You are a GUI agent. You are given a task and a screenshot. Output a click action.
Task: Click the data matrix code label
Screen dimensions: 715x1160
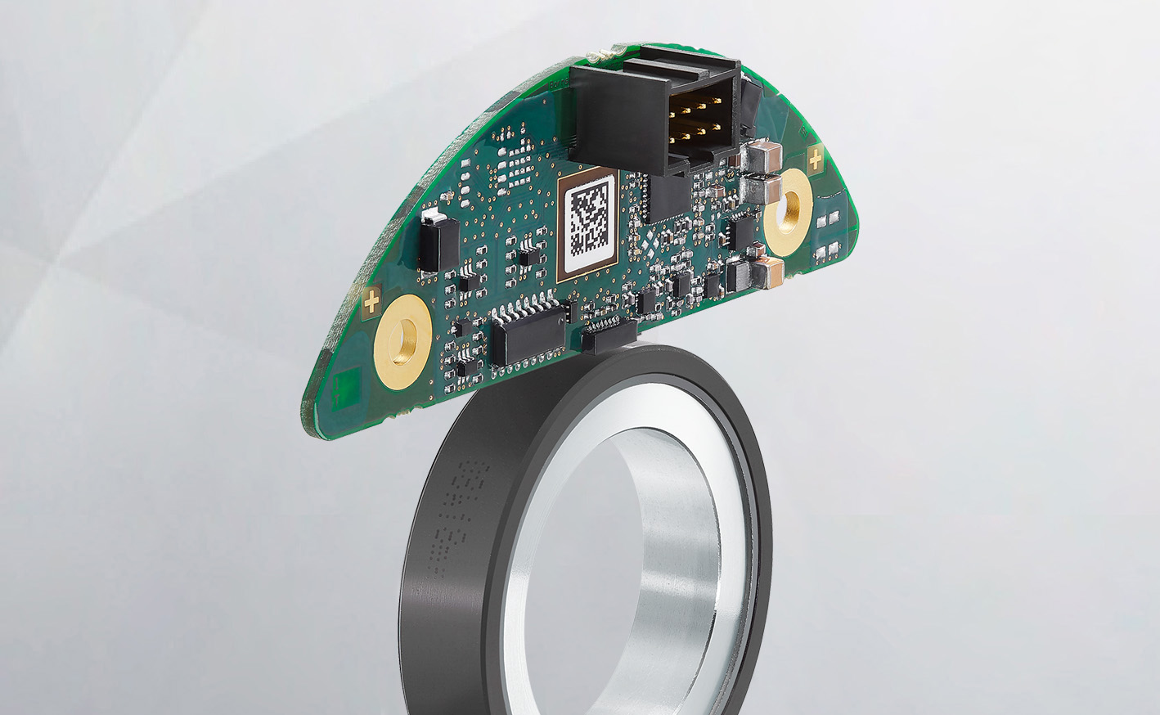click(x=590, y=220)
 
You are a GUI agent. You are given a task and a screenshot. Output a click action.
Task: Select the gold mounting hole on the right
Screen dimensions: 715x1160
click(x=789, y=202)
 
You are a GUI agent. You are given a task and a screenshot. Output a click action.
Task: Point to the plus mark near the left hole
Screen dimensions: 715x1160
click(x=371, y=303)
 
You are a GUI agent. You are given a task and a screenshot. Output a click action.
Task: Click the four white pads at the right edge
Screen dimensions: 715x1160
click(x=830, y=233)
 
